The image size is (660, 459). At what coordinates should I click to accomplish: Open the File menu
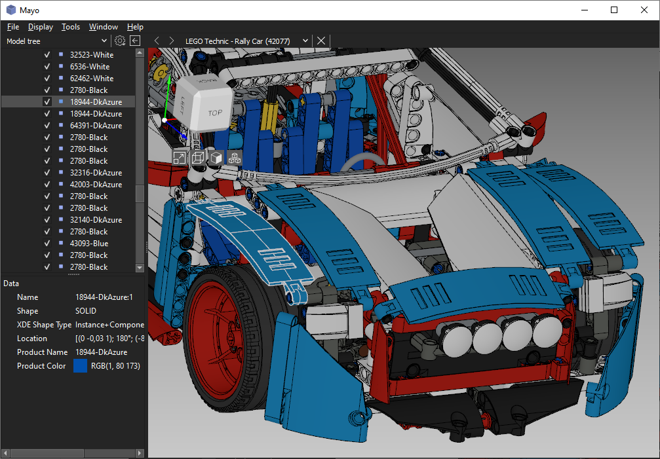click(x=13, y=27)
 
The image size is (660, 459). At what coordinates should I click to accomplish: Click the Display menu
click(x=41, y=27)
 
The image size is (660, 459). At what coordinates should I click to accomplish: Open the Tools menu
click(x=71, y=27)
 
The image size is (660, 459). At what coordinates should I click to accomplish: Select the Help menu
click(x=135, y=27)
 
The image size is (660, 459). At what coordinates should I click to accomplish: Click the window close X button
click(x=644, y=10)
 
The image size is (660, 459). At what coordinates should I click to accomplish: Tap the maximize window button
click(x=614, y=10)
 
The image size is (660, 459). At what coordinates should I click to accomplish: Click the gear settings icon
click(x=120, y=41)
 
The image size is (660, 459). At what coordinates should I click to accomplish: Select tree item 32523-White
click(x=92, y=54)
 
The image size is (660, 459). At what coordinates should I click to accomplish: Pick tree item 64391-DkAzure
click(x=96, y=125)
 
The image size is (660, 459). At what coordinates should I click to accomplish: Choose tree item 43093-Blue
click(x=89, y=244)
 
